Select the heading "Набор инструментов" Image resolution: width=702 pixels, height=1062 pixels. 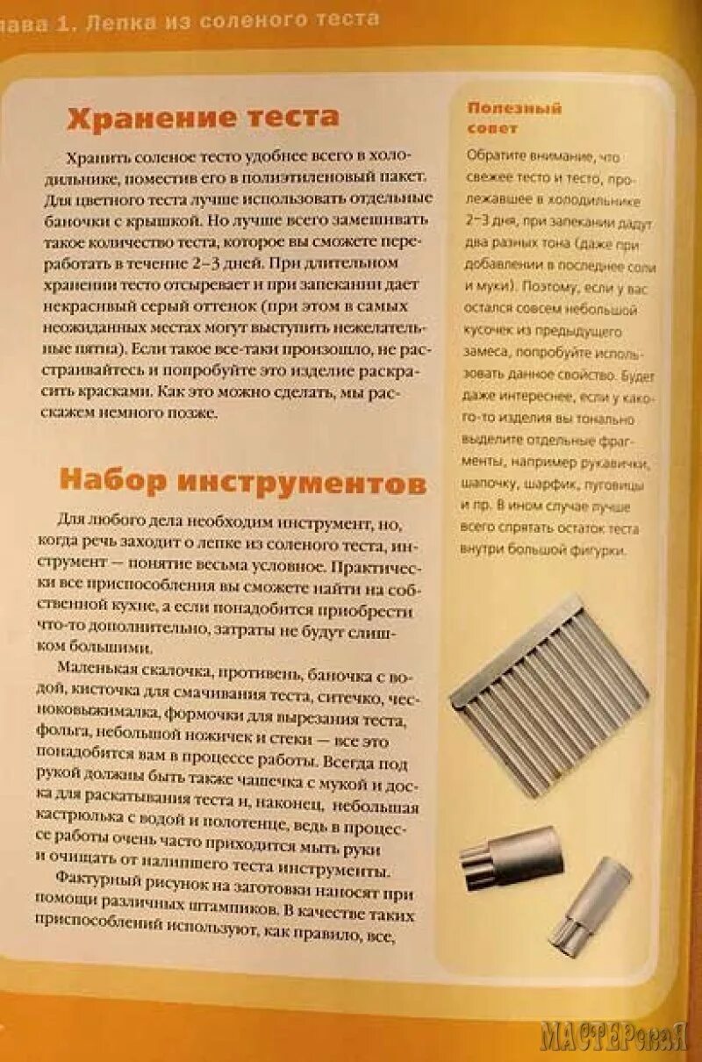point(243,482)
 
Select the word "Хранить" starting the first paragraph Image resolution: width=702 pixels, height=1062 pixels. point(98,157)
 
